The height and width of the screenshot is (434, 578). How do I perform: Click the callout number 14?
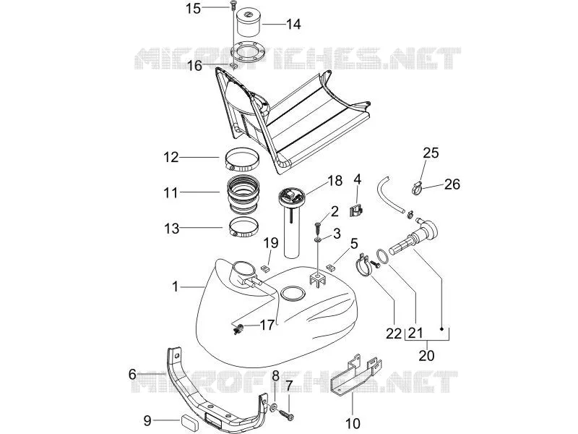[293, 25]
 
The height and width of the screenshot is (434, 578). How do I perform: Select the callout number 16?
[194, 66]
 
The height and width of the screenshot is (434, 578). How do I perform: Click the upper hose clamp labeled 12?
[242, 159]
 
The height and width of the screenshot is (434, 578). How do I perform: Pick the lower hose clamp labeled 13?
[243, 229]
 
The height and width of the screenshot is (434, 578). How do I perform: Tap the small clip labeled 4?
[355, 211]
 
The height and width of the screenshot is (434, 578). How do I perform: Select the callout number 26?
[452, 184]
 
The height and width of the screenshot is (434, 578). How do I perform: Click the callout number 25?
[431, 153]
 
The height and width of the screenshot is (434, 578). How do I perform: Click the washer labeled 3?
[317, 240]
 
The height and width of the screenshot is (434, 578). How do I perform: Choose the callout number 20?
[426, 355]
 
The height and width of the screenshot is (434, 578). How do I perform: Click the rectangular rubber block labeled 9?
[189, 420]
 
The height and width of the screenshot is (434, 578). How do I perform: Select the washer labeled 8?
[275, 408]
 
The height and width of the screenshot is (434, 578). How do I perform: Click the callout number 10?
[353, 423]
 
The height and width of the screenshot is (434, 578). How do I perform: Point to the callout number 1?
[176, 286]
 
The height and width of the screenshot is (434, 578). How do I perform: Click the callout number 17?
[267, 325]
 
